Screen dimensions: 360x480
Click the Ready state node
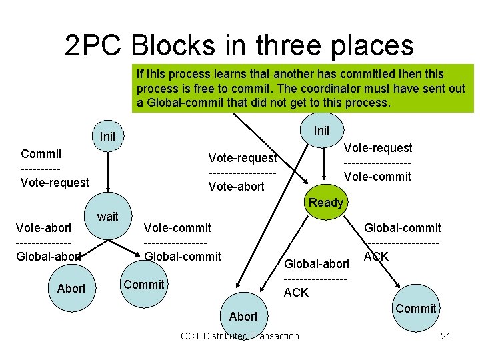coord(326,202)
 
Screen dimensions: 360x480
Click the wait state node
coord(107,216)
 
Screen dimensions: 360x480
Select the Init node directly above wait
coord(107,137)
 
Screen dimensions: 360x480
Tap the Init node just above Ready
coord(321,130)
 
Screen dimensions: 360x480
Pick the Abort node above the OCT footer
coord(243,316)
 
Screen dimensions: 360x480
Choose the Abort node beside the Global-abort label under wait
coord(71,288)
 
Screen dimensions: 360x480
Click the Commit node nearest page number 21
coord(415,308)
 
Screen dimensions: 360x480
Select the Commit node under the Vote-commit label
coord(144,284)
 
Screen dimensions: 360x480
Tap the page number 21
coord(445,336)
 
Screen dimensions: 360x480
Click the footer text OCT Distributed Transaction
coord(240,336)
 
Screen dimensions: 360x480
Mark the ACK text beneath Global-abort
coord(296,292)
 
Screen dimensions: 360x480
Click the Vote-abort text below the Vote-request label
coord(236,187)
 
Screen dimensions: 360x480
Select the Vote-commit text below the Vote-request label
coord(377,177)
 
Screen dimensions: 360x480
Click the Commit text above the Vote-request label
coord(41,153)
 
